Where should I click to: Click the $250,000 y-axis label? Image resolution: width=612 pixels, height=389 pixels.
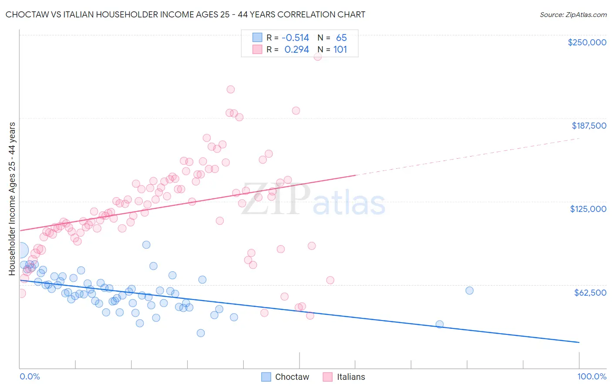(x=587, y=42)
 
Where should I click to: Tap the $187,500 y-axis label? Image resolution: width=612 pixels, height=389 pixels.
(x=588, y=126)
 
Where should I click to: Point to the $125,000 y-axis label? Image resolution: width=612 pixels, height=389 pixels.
(x=588, y=209)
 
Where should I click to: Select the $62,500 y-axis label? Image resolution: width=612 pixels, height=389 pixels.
(x=590, y=293)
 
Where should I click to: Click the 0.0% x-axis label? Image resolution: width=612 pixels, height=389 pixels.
(x=30, y=376)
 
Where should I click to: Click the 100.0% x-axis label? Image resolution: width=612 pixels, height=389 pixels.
(x=592, y=376)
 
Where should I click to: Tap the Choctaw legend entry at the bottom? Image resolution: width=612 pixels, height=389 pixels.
(x=285, y=377)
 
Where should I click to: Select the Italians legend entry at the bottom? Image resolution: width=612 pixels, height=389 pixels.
(x=344, y=377)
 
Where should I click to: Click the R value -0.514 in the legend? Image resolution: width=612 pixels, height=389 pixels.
(x=295, y=38)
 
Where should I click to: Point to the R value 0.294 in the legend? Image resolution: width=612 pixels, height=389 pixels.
(x=296, y=50)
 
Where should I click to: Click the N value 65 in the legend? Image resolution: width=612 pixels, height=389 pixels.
(x=341, y=38)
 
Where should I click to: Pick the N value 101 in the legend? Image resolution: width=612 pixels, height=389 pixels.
(x=340, y=50)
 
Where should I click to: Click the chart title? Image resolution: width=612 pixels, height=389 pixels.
(x=185, y=14)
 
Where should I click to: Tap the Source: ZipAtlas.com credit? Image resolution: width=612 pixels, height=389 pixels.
(x=573, y=14)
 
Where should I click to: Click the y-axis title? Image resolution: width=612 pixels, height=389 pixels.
(x=12, y=198)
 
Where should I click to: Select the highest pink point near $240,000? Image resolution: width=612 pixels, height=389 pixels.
(x=318, y=56)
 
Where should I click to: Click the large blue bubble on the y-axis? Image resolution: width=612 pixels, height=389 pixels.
(x=20, y=250)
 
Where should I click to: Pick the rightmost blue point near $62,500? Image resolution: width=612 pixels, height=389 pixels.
(x=469, y=290)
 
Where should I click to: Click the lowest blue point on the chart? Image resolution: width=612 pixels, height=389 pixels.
(x=201, y=333)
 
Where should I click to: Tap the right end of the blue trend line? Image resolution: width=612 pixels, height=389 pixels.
(x=579, y=342)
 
